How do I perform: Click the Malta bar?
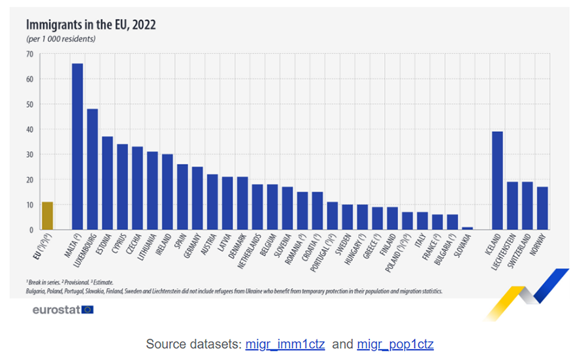pyautogui.click(x=77, y=146)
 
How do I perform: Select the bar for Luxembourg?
pyautogui.click(x=92, y=169)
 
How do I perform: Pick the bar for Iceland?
pyautogui.click(x=497, y=180)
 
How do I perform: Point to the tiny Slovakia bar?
pyautogui.click(x=467, y=228)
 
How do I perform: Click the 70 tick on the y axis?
pyautogui.click(x=29, y=54)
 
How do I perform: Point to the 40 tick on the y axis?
pyautogui.click(x=29, y=129)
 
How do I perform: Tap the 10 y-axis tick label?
pyautogui.click(x=29, y=205)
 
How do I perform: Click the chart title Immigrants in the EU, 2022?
pyautogui.click(x=91, y=25)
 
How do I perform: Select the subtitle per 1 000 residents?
pyautogui.click(x=61, y=39)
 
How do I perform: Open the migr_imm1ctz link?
pyautogui.click(x=285, y=344)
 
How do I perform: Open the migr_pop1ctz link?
pyautogui.click(x=395, y=344)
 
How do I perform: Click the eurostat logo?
pyautogui.click(x=63, y=309)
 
